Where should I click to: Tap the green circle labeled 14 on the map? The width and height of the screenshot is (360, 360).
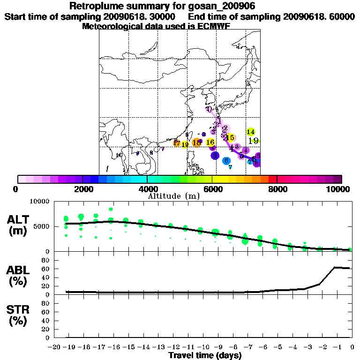coord(251,132)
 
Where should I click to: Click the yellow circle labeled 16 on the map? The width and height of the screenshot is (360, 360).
coord(210,142)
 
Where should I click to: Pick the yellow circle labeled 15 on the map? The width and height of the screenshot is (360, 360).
coord(230,137)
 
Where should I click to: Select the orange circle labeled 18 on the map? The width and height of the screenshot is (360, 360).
coord(197,142)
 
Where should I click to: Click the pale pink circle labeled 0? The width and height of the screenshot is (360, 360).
coord(209,109)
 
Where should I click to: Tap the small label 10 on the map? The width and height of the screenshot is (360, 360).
coord(119,155)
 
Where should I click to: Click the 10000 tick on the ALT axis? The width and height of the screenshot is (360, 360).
coord(39,202)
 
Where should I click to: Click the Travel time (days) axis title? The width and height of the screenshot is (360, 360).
coord(205,355)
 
